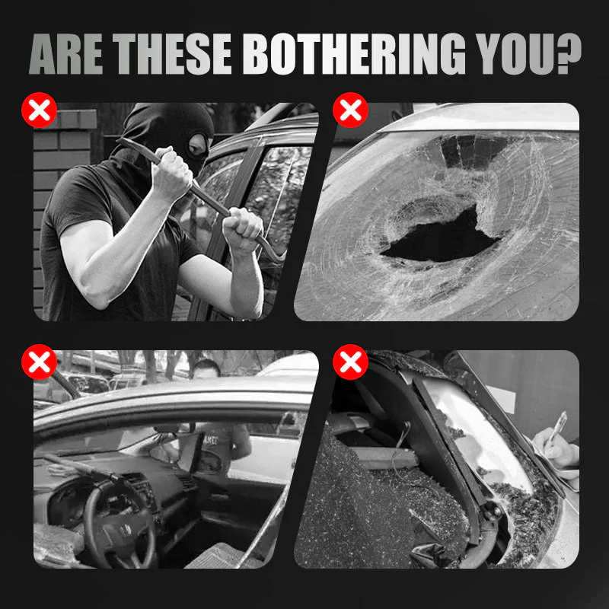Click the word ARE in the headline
click(x=65, y=53)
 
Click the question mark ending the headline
click(x=568, y=53)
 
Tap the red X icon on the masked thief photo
click(x=40, y=110)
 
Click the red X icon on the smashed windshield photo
click(x=350, y=110)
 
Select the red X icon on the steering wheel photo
click(x=40, y=362)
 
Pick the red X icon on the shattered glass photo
click(x=350, y=362)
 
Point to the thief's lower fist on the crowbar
click(x=242, y=229)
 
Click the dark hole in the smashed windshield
click(x=439, y=238)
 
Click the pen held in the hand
click(x=558, y=427)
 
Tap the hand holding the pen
click(x=556, y=451)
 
